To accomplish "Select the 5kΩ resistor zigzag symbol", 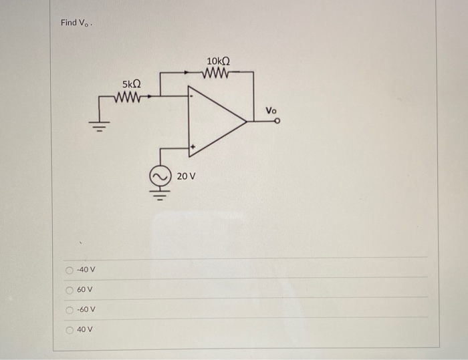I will click(128, 96).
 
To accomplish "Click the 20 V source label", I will click(187, 177).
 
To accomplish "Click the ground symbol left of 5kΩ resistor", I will click(100, 126).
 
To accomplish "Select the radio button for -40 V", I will click(69, 270).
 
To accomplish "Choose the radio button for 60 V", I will click(69, 290).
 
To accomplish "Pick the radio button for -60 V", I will click(69, 310).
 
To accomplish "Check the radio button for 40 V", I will click(69, 330).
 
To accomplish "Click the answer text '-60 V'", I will click(86, 310).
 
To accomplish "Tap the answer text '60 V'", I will click(84, 290).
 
